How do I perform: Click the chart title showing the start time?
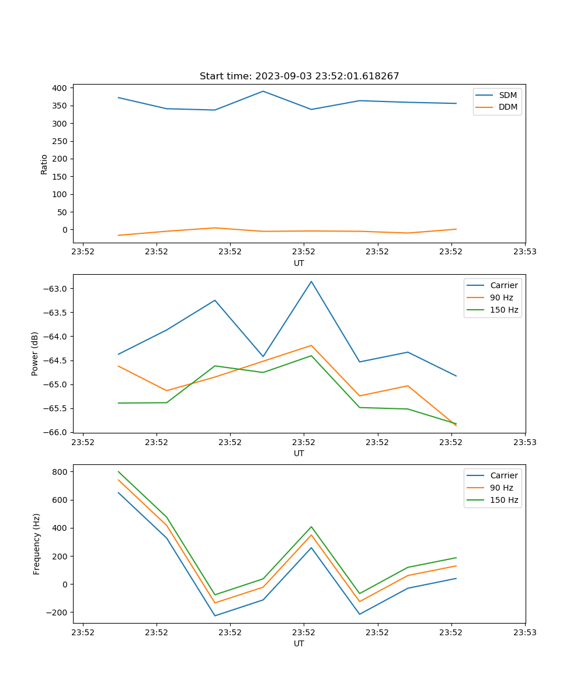coord(299,76)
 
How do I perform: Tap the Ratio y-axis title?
coord(44,164)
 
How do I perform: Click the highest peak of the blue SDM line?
coord(263,91)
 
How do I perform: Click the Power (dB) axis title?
coord(35,353)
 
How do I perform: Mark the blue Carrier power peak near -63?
coord(311,281)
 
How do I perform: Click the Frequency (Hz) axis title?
coord(36,544)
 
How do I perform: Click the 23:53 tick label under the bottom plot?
coord(524,632)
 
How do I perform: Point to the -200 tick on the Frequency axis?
coord(58,612)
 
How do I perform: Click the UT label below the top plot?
coord(299,263)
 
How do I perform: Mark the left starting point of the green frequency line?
coord(119,471)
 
